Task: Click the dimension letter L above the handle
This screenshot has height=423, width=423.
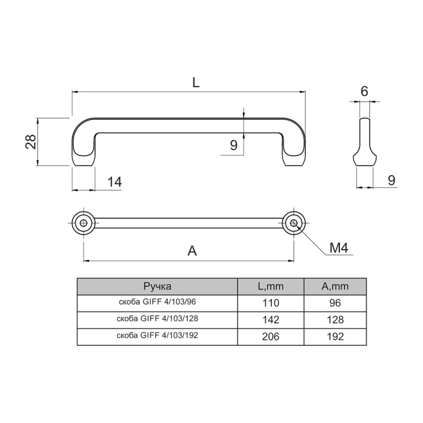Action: pyautogui.click(x=196, y=82)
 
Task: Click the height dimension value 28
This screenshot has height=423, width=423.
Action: pyautogui.click(x=31, y=142)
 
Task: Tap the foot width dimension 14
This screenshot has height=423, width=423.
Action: pyautogui.click(x=115, y=182)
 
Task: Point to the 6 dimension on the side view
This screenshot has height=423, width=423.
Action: pyautogui.click(x=364, y=91)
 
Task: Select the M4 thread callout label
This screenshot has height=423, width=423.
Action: pyautogui.click(x=339, y=247)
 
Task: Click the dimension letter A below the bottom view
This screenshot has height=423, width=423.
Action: pyautogui.click(x=192, y=251)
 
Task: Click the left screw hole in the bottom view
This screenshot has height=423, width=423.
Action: pyautogui.click(x=84, y=223)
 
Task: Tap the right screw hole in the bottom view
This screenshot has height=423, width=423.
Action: pyautogui.click(x=293, y=223)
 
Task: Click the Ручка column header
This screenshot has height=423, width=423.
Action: pyautogui.click(x=157, y=286)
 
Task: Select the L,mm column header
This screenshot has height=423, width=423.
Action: pyautogui.click(x=271, y=286)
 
